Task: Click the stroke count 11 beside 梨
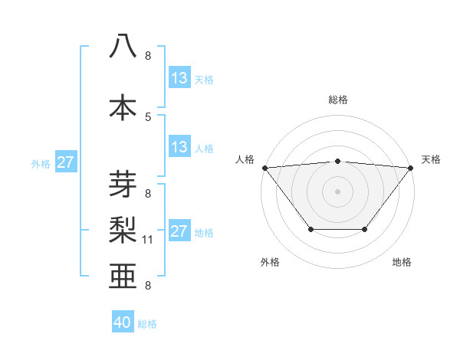coord(148,240)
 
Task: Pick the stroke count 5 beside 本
coord(148,116)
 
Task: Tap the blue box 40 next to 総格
coord(123,323)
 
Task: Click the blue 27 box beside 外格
coord(65,162)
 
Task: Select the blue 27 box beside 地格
coord(179,231)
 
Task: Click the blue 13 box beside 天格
coord(179,78)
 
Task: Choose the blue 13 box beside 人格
coord(179,147)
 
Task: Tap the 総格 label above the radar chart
coord(337,100)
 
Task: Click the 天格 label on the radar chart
coord(431,159)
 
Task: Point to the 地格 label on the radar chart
coord(402,262)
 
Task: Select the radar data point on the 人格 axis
coord(264,168)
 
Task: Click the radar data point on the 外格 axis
coord(310,229)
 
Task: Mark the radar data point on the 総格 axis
coord(337,161)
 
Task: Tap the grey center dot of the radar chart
coord(337,191)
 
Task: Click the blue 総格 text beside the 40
coord(147,324)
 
